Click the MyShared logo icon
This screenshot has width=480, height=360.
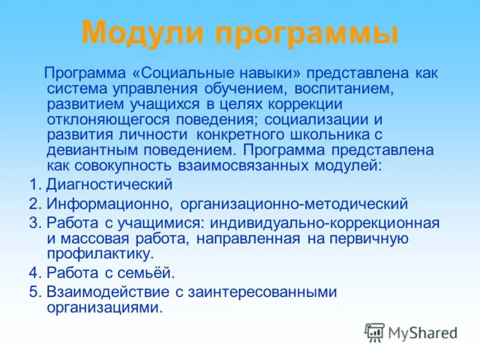tap(374, 332)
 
